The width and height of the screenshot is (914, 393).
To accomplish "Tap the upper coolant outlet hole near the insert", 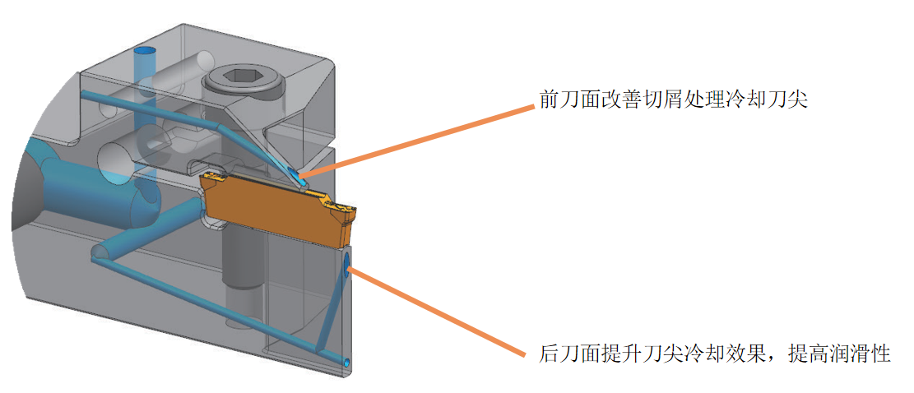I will (295, 173).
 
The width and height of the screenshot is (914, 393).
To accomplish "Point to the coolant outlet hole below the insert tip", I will (347, 264).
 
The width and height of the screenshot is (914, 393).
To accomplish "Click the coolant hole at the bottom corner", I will (346, 362).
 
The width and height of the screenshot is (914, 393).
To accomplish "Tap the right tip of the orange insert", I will (355, 213).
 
